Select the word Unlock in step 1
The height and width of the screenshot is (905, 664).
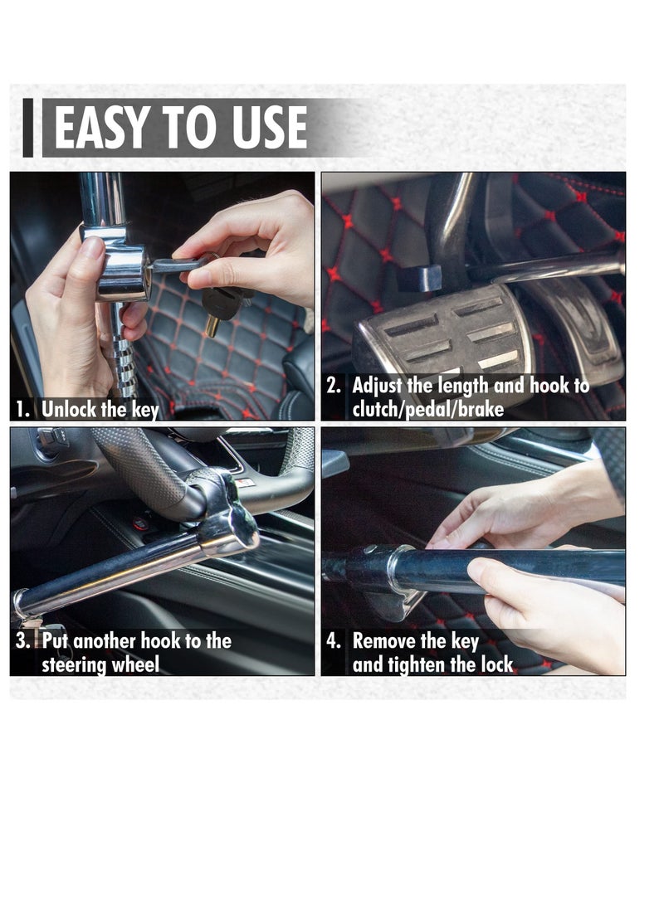coord(69,409)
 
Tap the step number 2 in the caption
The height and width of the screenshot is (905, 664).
coord(334,386)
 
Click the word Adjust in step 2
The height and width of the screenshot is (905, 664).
coord(378,386)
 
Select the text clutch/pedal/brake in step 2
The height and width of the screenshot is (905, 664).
coord(427,409)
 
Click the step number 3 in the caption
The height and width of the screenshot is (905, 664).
coord(24,640)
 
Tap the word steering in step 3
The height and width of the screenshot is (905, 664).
coord(76,664)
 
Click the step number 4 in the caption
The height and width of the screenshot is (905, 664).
coord(334,640)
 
